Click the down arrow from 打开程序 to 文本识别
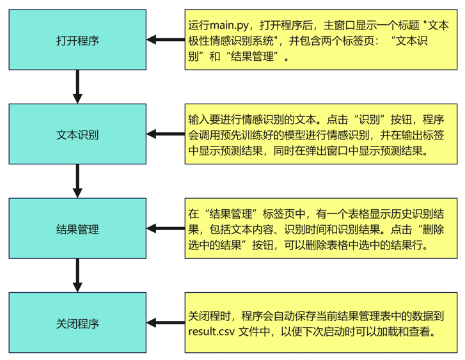click(x=77, y=86)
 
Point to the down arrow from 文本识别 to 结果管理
click(x=77, y=180)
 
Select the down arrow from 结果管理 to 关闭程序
click(x=77, y=275)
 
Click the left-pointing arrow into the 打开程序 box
click(x=166, y=40)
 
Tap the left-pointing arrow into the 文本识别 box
click(x=166, y=134)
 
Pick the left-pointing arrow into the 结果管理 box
click(x=166, y=228)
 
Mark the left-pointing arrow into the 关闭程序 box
click(x=166, y=323)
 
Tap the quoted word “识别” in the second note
click(x=370, y=120)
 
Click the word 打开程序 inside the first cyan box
click(x=77, y=40)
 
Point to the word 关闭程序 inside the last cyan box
click(x=77, y=324)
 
